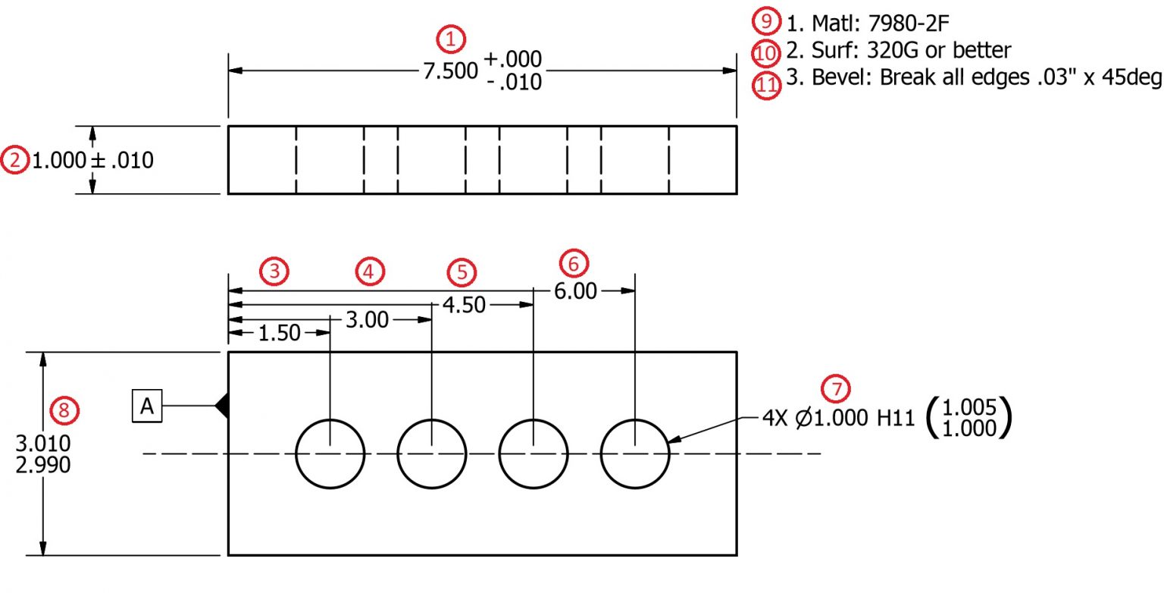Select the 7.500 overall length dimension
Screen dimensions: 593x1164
(450, 71)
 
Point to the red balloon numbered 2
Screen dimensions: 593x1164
(14, 161)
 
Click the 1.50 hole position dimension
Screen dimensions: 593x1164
(280, 334)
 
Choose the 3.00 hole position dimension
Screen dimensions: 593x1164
(367, 320)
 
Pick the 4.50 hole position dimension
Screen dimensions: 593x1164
(464, 305)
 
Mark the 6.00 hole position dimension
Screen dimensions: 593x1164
(575, 291)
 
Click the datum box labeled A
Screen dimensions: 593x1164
(147, 407)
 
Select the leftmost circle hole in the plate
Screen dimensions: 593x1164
(330, 453)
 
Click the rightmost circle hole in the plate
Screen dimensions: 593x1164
(635, 453)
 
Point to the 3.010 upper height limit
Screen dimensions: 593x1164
(43, 444)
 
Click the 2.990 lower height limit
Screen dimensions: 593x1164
(43, 464)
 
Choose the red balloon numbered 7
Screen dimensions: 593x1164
(837, 389)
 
